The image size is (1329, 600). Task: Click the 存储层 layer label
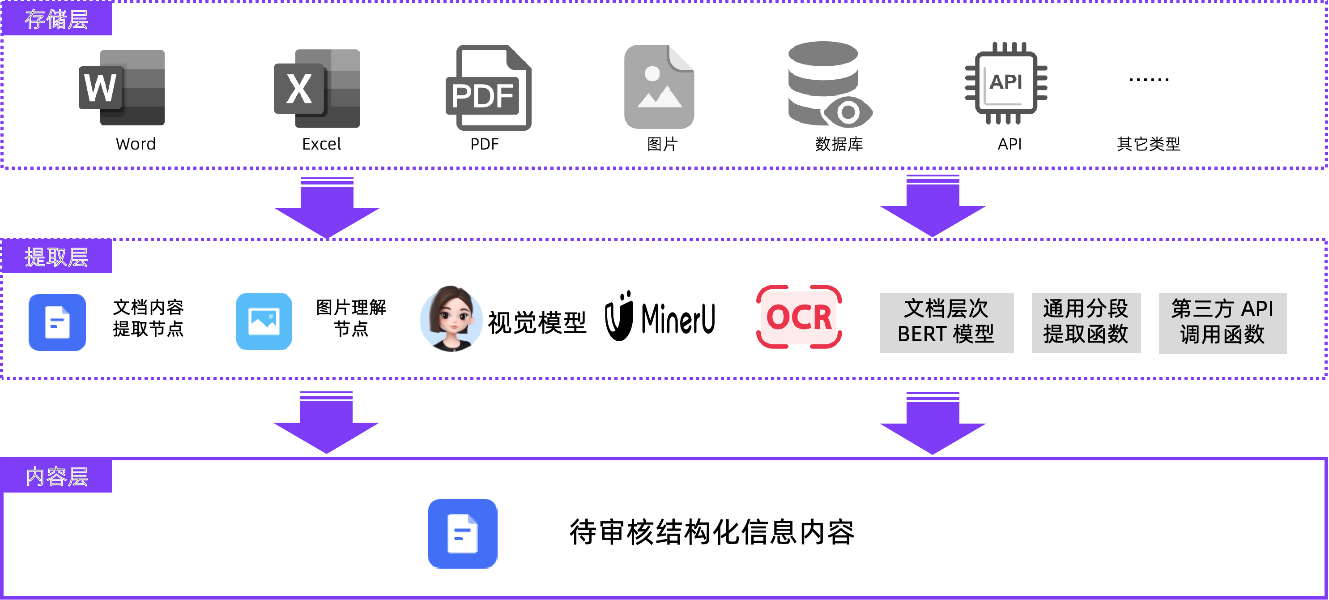56,20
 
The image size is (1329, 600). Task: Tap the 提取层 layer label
56,257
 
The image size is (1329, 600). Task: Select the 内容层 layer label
56,476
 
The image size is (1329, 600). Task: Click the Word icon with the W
122,88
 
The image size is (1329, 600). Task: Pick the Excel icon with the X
317,88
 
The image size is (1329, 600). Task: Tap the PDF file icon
489,88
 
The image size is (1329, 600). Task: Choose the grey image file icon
659,87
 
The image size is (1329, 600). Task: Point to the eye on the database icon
848,111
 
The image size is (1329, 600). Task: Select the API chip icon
1006,83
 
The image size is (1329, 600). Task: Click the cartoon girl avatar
452,321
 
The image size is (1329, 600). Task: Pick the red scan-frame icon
799,317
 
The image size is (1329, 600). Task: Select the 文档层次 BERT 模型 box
946,323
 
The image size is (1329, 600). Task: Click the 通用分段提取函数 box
1086,323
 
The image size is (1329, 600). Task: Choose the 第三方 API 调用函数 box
1222,323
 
